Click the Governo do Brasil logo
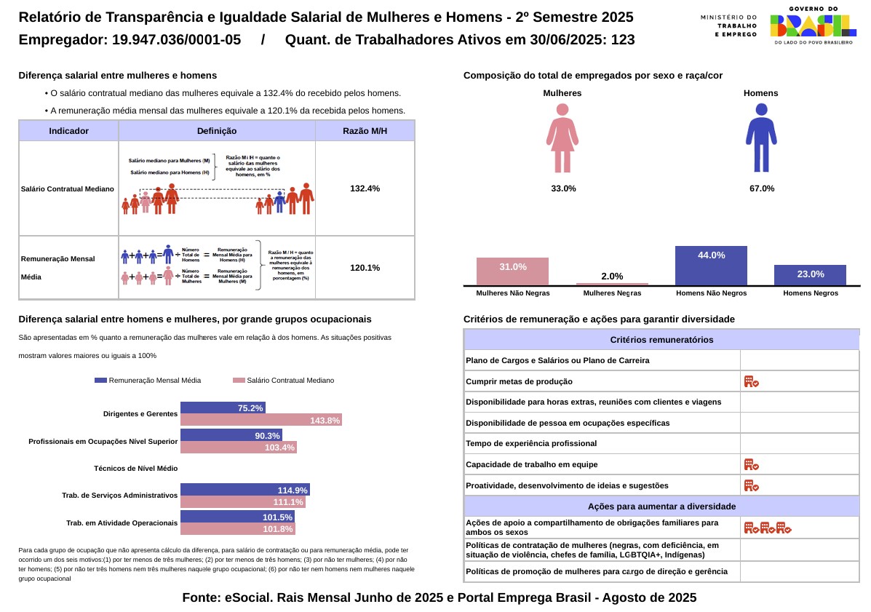pos(812,26)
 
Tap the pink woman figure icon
pos(562,138)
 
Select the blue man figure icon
pos(761,138)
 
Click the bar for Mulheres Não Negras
pos(512,271)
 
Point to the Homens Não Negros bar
pos(711,266)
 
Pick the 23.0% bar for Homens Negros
pos(810,275)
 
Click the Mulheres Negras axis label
pos(612,293)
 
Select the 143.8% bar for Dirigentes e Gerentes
pos(260,420)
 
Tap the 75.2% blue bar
pos(223,408)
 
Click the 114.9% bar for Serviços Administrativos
pos(244,490)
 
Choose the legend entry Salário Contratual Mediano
pos(283,381)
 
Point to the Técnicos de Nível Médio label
pos(135,469)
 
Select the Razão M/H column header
pos(365,131)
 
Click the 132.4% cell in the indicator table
pos(365,188)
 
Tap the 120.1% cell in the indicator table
pos(365,268)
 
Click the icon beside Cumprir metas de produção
pos(751,381)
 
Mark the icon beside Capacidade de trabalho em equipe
pos(751,464)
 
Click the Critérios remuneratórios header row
pos(661,340)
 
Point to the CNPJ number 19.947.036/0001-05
pos(176,41)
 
